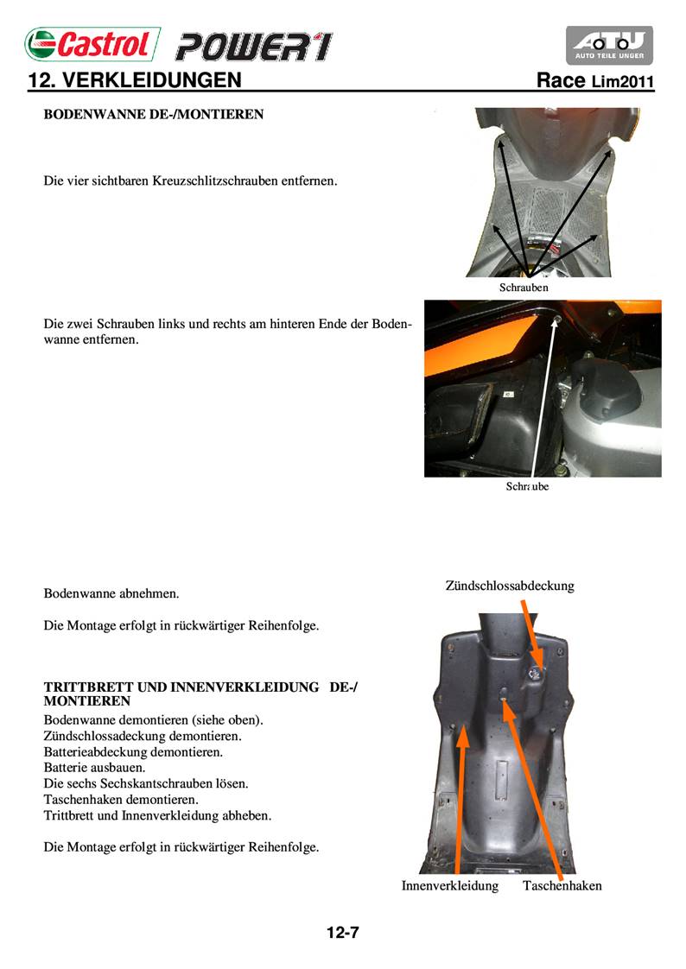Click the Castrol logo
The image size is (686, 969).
[x=92, y=44]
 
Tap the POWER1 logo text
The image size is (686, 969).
[x=252, y=46]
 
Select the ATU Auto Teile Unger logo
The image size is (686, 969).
[x=609, y=45]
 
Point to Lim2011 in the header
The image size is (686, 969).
[x=623, y=83]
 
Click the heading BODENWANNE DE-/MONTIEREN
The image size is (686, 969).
[x=153, y=114]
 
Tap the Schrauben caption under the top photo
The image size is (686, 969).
[x=524, y=287]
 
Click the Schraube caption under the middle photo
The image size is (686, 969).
[x=527, y=486]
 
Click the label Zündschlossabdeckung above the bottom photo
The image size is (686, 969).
[x=510, y=586]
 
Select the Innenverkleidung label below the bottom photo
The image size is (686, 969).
[x=449, y=885]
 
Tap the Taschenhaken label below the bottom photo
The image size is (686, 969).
[x=562, y=885]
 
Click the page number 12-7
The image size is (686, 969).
[x=342, y=933]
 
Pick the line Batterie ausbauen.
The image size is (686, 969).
[x=94, y=767]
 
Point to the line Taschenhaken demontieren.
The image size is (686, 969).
[x=121, y=800]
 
